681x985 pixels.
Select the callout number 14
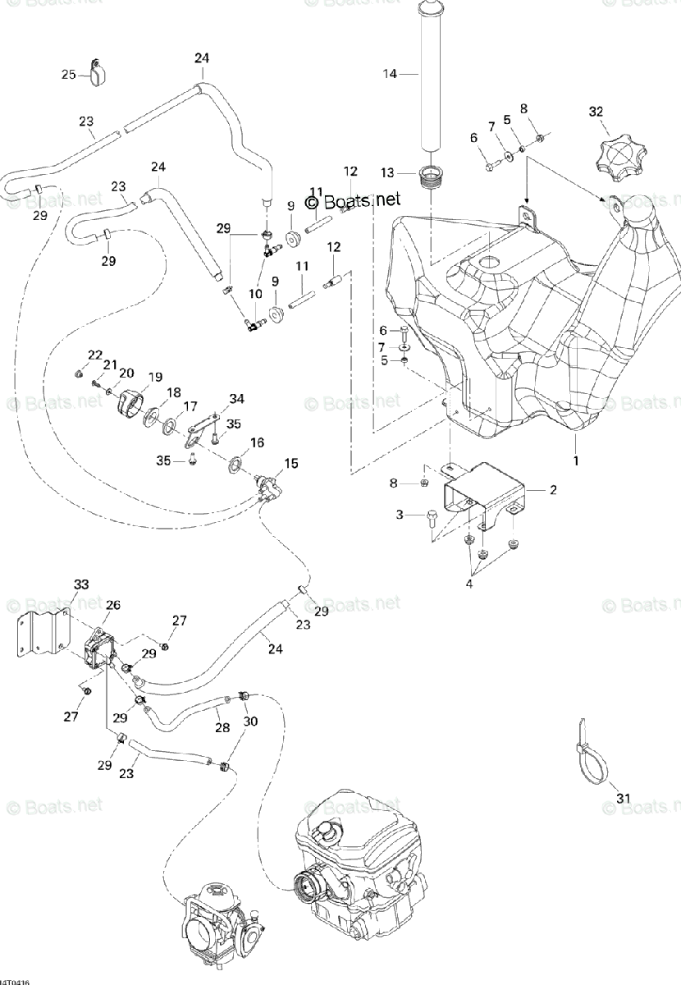pos(390,74)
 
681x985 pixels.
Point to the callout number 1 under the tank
pos(575,461)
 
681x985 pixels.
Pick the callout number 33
pos(81,584)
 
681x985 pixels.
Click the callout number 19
pos(156,378)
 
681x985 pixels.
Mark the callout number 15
pos(291,465)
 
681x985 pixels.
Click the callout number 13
pos(389,172)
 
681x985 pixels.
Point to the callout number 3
pos(400,515)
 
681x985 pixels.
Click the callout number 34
pos(237,399)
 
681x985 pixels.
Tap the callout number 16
pos(257,443)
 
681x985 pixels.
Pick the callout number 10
pos(254,293)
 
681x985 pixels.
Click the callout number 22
pos(95,355)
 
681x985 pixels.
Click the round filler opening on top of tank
pos(489,263)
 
